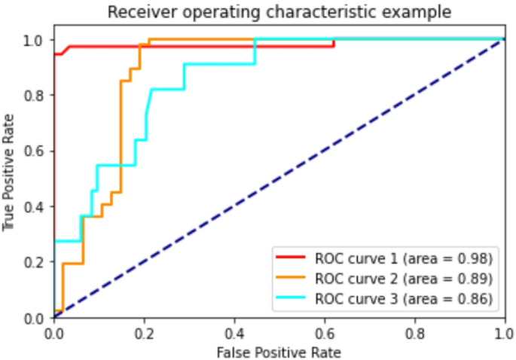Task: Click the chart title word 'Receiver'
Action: click(136, 12)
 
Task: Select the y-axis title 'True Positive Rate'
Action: click(9, 172)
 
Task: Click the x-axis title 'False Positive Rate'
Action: click(279, 352)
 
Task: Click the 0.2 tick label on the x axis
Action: click(144, 331)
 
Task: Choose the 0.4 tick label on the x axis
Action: click(234, 331)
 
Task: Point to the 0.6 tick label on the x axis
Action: click(324, 331)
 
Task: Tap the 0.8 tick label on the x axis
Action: click(414, 331)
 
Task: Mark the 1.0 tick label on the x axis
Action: click(503, 331)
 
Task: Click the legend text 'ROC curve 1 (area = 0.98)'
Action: click(404, 258)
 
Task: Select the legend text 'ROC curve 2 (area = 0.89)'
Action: click(404, 279)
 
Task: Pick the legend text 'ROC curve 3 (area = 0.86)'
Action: click(404, 299)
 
